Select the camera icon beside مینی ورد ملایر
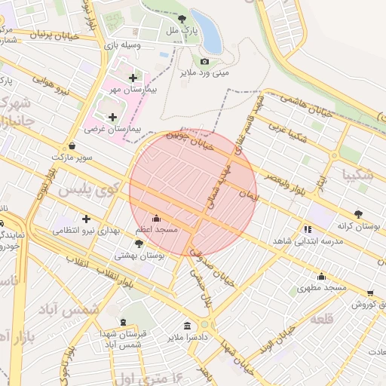204,61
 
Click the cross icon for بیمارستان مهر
133,78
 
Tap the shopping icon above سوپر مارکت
72,146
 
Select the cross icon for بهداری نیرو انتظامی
86,219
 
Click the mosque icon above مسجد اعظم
156,218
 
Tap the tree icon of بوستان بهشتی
139,244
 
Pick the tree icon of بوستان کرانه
358,214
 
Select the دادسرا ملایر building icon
187,326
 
